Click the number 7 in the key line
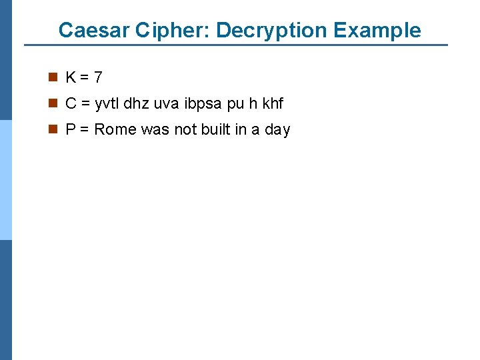pyautogui.click(x=98, y=78)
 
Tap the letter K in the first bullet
pyautogui.click(x=71, y=78)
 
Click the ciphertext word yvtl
pyautogui.click(x=108, y=104)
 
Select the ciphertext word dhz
pyautogui.click(x=139, y=104)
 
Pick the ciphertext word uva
pyautogui.click(x=166, y=104)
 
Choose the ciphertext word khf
pyautogui.click(x=273, y=104)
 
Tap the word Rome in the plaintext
pyautogui.click(x=115, y=130)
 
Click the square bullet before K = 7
pyautogui.click(x=52, y=78)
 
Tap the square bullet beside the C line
pyautogui.click(x=52, y=104)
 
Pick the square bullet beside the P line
pyautogui.click(x=52, y=130)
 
